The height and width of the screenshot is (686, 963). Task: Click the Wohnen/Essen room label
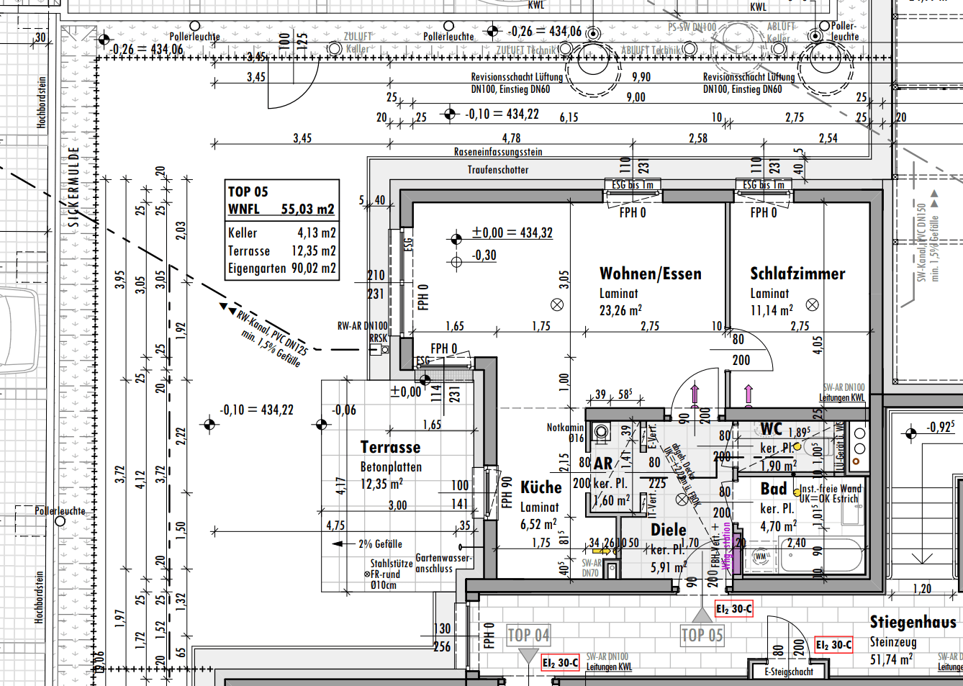(650, 274)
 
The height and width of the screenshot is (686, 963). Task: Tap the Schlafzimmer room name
(797, 274)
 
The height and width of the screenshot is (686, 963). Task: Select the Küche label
(541, 487)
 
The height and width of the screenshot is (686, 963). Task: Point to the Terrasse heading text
(390, 447)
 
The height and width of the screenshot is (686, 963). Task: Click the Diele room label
(669, 530)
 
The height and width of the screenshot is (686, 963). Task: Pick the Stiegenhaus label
(913, 621)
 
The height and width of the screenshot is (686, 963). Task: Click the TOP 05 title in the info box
(248, 191)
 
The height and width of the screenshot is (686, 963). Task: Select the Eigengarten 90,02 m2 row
(281, 268)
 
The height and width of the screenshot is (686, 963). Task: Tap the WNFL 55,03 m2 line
(281, 209)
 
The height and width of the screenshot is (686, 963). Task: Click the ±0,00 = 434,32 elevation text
(512, 233)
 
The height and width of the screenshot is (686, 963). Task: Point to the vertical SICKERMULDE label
(73, 187)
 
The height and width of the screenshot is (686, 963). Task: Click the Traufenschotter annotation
(498, 170)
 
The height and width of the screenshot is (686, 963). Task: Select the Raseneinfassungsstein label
(498, 152)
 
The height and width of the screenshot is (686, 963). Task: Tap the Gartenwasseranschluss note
(443, 563)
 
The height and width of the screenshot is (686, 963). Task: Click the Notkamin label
(565, 428)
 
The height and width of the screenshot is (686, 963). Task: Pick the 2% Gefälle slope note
(380, 544)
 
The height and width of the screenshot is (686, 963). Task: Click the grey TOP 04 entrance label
(528, 635)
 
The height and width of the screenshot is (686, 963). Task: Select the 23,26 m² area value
(620, 310)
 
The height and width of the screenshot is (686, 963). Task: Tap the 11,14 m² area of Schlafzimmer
(772, 310)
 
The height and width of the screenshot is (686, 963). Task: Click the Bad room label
(774, 489)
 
